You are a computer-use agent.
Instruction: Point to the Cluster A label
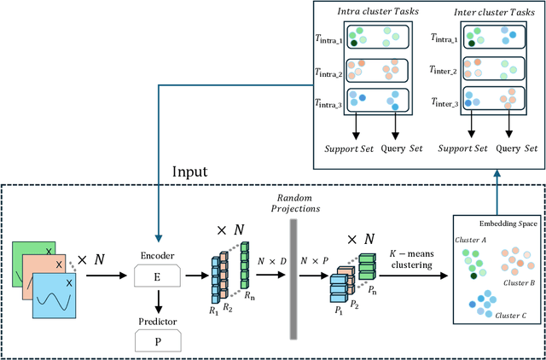pos(471,240)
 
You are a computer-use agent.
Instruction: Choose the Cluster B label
pos(518,282)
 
